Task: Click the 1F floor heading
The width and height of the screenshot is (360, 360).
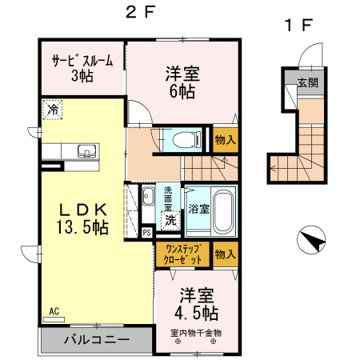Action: coord(297,25)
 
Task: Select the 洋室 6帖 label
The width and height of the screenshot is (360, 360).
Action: coord(183,81)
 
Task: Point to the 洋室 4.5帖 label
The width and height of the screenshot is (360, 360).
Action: coord(195,302)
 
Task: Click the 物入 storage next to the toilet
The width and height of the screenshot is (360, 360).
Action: coord(225,140)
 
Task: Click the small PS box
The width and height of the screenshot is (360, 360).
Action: coord(146,233)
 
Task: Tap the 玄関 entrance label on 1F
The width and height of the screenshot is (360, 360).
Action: coord(307,82)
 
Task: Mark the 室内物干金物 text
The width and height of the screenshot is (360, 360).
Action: coord(195,332)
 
